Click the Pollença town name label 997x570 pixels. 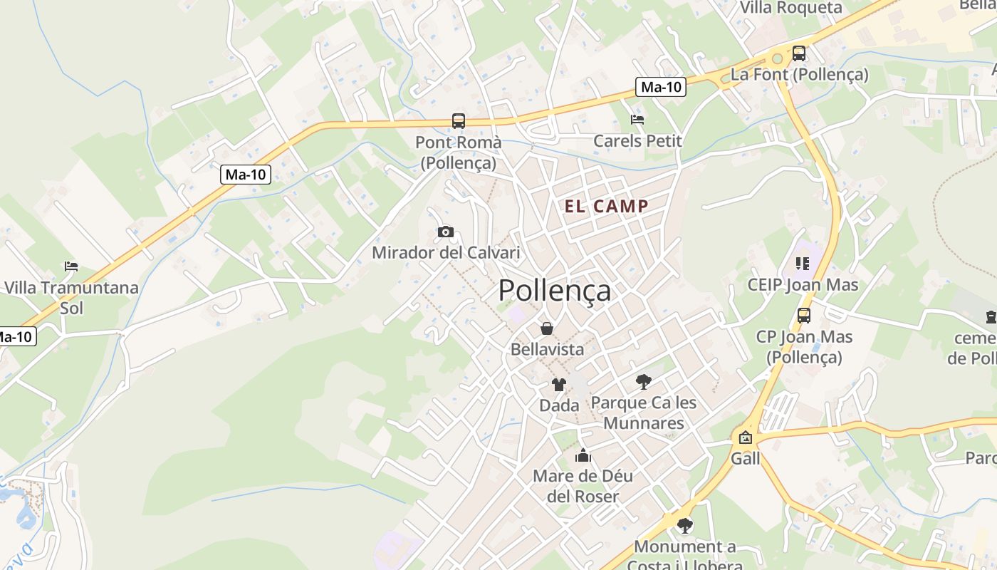click(554, 291)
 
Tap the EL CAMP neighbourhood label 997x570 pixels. click(607, 207)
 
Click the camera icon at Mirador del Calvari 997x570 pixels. click(446, 232)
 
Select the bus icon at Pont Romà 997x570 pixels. click(459, 121)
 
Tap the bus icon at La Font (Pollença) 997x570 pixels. click(799, 53)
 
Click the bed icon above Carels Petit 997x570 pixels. click(637, 120)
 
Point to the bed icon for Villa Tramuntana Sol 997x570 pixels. click(71, 266)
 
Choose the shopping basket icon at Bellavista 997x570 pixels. click(547, 328)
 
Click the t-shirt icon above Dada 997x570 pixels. click(559, 385)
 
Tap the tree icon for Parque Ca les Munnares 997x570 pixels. click(644, 381)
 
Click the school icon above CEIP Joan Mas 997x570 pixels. click(803, 264)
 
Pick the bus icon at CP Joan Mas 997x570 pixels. click(804, 315)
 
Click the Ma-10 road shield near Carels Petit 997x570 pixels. click(661, 87)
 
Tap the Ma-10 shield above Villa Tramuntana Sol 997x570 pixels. click(246, 175)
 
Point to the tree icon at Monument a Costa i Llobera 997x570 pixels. click(684, 526)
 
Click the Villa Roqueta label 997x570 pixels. click(791, 8)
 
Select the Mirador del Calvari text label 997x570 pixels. click(446, 253)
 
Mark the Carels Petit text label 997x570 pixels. click(637, 141)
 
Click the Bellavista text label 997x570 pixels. click(547, 349)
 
